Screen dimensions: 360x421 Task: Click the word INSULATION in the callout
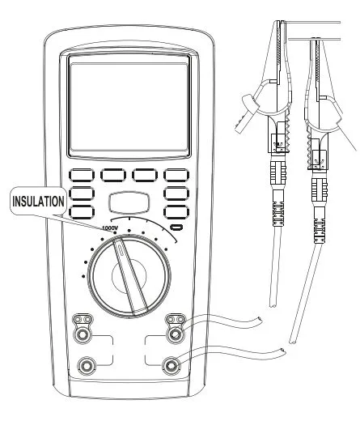point(38,202)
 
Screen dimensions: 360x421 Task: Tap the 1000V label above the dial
point(108,228)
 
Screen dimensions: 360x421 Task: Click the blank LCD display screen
point(129,108)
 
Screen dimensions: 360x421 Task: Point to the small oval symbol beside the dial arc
point(176,228)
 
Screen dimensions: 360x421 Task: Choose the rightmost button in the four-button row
point(176,175)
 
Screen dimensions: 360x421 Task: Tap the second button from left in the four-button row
point(113,175)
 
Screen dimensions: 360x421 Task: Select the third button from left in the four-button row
point(145,175)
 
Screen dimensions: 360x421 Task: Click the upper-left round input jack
point(82,335)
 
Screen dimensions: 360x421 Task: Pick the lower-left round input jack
point(87,366)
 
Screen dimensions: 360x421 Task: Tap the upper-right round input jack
point(176,335)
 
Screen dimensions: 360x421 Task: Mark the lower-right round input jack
point(171,366)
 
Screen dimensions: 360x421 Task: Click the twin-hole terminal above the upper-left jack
point(83,320)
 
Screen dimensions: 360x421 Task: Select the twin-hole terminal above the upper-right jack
point(176,320)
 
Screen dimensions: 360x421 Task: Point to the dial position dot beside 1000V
point(116,232)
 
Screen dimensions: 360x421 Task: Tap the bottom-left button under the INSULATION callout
point(82,212)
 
